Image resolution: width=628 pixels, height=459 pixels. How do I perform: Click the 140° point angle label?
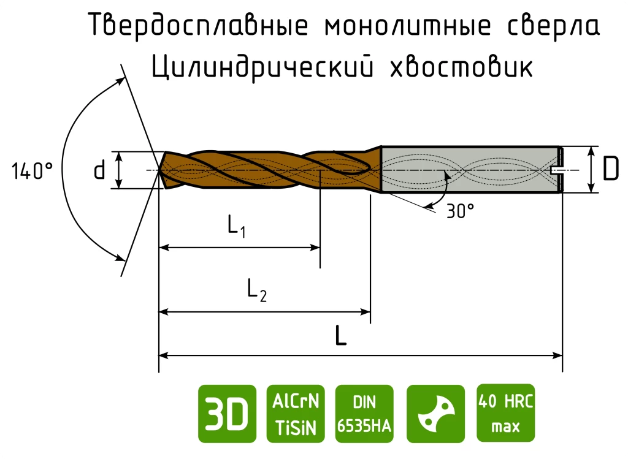click(x=32, y=171)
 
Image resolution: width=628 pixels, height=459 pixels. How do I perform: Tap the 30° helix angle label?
click(x=460, y=211)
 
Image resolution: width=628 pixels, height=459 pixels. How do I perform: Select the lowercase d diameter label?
click(x=99, y=170)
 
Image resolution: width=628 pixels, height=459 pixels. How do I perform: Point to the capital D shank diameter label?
click(x=610, y=169)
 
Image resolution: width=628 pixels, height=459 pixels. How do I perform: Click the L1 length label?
click(x=236, y=226)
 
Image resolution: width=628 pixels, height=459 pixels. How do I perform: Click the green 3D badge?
click(x=227, y=414)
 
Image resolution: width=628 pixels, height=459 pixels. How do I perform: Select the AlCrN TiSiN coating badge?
click(x=296, y=414)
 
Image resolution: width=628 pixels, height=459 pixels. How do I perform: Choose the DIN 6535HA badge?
click(x=364, y=414)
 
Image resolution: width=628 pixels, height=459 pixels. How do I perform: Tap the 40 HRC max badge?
click(x=506, y=413)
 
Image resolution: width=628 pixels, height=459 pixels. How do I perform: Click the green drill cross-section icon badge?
click(x=436, y=414)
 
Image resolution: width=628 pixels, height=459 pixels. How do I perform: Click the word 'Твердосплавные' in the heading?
click(x=198, y=25)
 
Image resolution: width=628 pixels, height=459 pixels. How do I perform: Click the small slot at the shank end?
click(x=556, y=170)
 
